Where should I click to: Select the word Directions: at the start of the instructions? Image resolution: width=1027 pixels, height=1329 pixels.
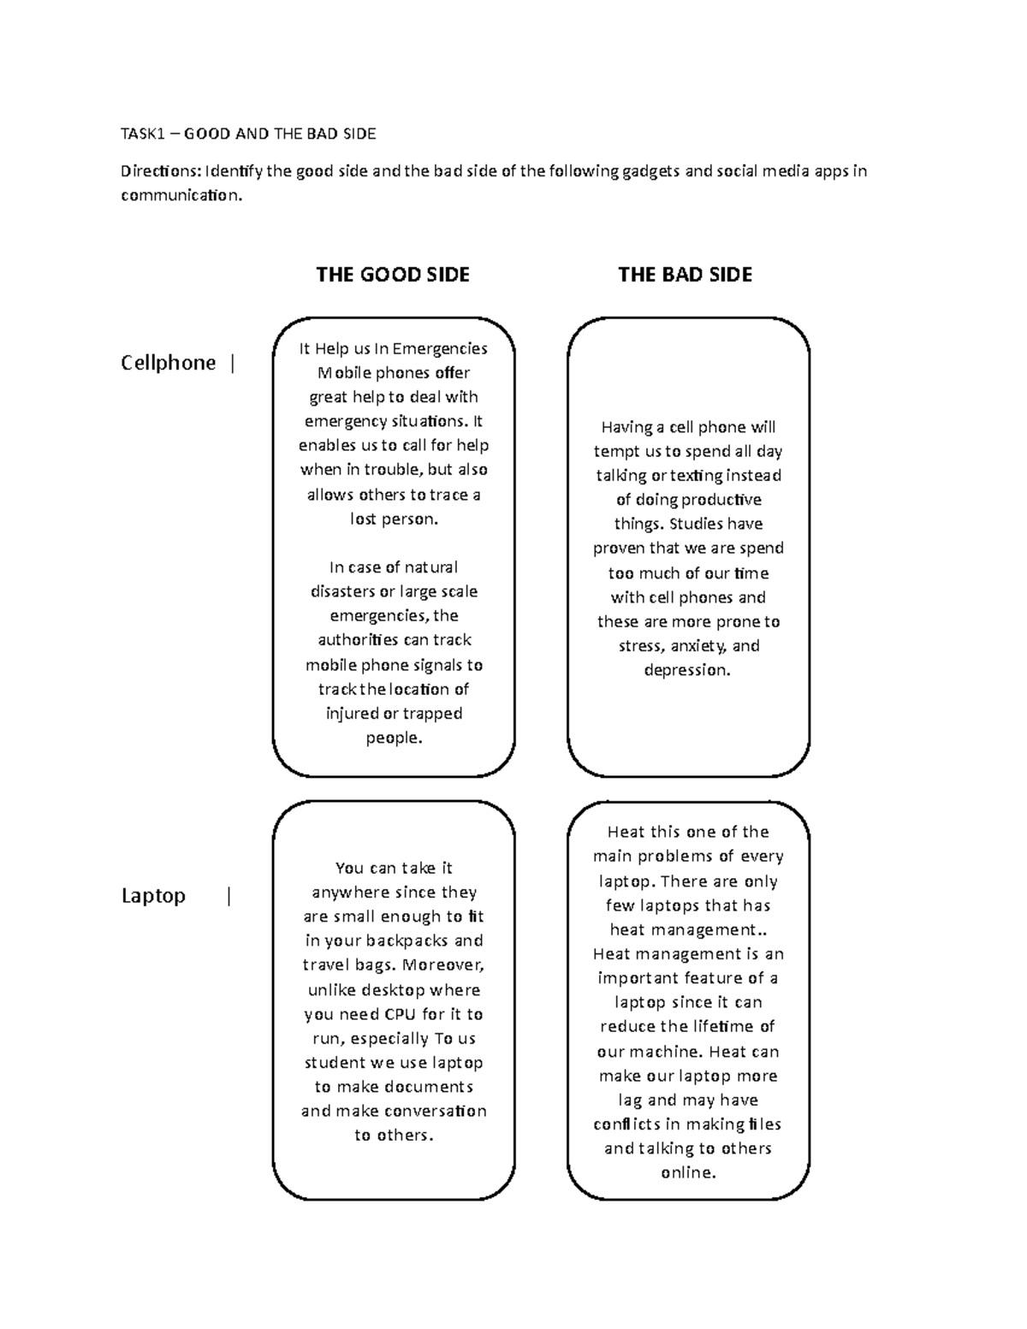[161, 171]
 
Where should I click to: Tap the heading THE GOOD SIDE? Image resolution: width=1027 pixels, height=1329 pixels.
[393, 275]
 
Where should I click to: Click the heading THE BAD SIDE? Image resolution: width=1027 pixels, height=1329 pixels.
[685, 275]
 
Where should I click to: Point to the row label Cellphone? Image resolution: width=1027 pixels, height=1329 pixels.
[169, 363]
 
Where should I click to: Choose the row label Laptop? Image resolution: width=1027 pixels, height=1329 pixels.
[153, 896]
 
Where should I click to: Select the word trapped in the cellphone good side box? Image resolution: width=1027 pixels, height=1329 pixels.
[432, 714]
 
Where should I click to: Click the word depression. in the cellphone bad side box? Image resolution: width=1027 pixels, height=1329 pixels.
[687, 670]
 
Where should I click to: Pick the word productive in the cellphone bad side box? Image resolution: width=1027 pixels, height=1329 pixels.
[721, 500]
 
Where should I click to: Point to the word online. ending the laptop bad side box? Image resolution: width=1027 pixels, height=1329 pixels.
[688, 1173]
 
